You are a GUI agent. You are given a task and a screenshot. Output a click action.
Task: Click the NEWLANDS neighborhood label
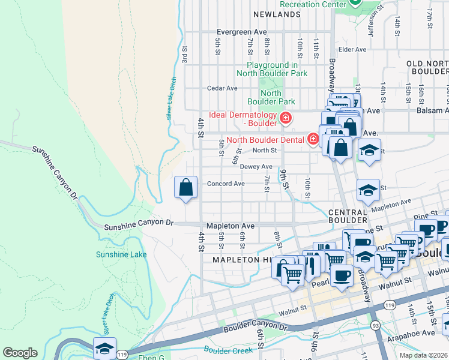click(x=276, y=14)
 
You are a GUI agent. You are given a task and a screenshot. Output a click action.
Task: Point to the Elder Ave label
click(x=352, y=50)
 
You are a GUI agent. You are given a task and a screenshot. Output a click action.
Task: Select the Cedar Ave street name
click(x=222, y=88)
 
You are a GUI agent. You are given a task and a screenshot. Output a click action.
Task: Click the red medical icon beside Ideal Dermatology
click(x=286, y=118)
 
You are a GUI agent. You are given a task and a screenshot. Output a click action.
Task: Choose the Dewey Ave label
click(x=257, y=167)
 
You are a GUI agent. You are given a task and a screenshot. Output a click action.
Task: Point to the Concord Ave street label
click(x=225, y=184)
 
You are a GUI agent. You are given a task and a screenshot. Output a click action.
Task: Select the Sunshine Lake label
click(x=121, y=254)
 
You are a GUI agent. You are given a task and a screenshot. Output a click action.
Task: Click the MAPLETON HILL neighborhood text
click(x=242, y=260)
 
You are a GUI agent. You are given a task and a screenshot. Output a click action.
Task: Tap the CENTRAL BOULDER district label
click(x=348, y=217)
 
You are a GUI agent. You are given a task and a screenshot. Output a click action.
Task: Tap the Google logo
click(x=20, y=353)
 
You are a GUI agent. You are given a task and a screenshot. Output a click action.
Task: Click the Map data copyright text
click(x=423, y=355)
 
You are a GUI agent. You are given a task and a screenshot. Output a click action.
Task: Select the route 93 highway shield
click(x=375, y=325)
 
